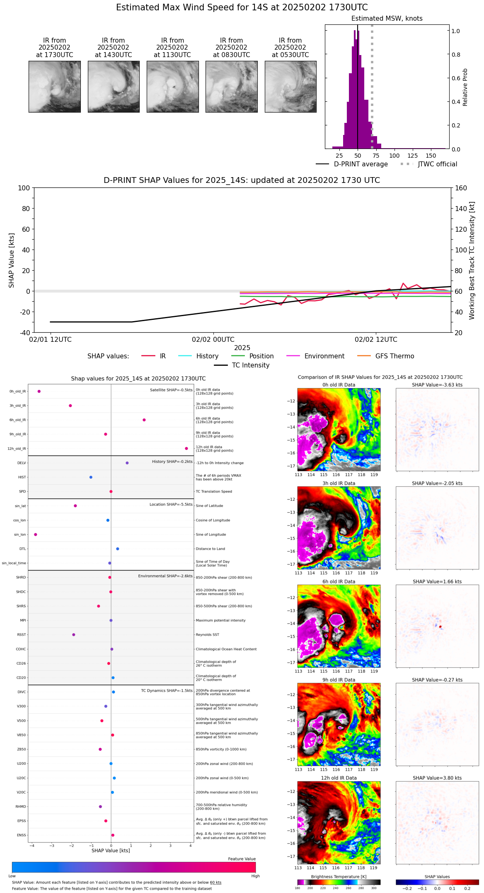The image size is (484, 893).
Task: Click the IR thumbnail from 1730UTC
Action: click(x=55, y=86)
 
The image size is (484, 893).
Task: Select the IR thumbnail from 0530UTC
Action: click(x=290, y=86)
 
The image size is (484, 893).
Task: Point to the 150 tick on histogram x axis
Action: click(x=431, y=156)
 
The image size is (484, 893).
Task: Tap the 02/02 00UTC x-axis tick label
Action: click(x=213, y=340)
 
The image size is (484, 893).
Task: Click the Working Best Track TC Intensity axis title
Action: click(x=472, y=261)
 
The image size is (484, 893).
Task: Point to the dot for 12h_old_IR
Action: click(x=186, y=449)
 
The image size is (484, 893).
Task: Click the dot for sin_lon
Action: click(x=36, y=535)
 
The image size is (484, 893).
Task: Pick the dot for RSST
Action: click(x=74, y=635)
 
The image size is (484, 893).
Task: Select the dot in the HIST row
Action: click(x=91, y=477)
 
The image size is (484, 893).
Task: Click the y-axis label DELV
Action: click(x=22, y=463)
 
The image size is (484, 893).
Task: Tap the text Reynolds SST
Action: click(x=207, y=635)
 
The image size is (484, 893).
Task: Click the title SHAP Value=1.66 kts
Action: click(x=437, y=582)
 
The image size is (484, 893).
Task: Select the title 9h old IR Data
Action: click(x=339, y=680)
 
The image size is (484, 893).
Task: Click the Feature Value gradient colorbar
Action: click(x=133, y=867)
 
